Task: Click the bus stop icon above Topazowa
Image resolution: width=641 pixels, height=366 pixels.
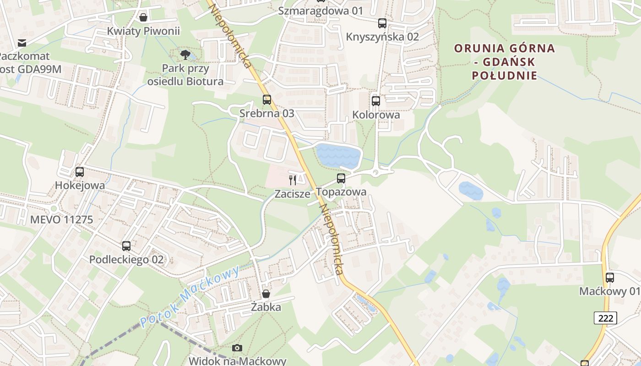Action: point(341,178)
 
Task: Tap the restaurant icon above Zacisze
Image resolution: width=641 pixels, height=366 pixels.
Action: point(293,180)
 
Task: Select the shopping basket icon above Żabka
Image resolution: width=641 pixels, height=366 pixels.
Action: point(266,294)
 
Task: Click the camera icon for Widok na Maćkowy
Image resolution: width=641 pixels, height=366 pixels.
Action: point(237,348)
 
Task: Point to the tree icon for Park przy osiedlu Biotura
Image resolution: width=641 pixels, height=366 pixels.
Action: point(185,55)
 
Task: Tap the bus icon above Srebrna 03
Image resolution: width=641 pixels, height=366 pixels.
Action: point(266,99)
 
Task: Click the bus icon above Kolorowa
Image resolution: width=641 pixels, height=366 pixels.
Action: point(376,101)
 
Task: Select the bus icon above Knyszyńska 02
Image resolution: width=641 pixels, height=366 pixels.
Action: point(382,23)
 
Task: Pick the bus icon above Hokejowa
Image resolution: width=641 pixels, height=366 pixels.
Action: point(80,172)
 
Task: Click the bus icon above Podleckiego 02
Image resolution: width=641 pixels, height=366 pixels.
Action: point(126,246)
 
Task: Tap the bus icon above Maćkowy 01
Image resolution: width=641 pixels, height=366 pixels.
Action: point(610,277)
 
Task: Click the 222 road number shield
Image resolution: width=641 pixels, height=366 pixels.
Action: point(605,318)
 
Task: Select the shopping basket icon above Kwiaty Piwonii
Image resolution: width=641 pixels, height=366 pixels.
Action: point(143,17)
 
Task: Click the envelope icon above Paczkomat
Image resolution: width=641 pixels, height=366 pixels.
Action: point(22,43)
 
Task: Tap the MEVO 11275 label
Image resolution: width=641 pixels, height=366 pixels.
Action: point(61,220)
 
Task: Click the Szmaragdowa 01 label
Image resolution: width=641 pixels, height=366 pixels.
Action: point(320,11)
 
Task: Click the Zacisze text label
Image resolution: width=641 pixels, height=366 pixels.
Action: point(293,194)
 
